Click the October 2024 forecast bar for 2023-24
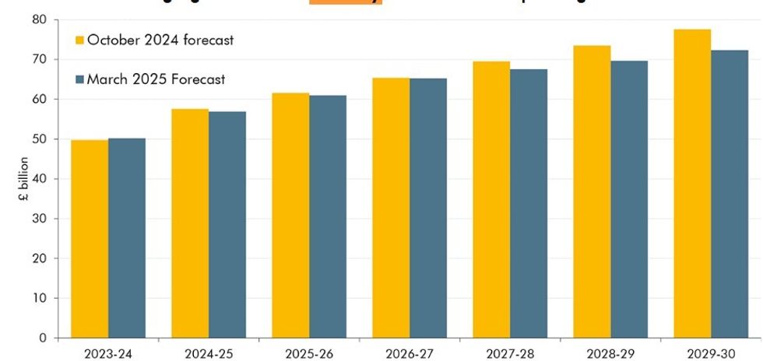pos(89,239)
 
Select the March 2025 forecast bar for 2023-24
pos(126,238)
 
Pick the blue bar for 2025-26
pos(328,216)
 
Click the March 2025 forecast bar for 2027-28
pos(529,204)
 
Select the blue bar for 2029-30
pos(730,194)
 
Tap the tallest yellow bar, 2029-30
pos(692,184)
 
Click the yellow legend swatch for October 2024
pos(79,40)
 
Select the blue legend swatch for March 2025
pos(79,79)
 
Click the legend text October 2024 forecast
pos(160,40)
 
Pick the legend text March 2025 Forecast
pos(156,79)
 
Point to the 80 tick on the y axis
pos(39,19)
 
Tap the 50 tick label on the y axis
pos(39,139)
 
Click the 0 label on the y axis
pos(43,338)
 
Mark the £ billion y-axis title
pos(24,179)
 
